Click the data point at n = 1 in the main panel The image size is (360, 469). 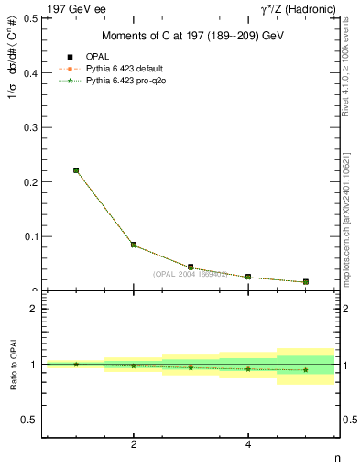[76, 169]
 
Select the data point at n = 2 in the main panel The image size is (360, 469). [134, 245]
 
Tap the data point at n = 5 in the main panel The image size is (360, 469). [305, 281]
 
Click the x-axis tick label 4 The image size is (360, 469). [248, 444]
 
